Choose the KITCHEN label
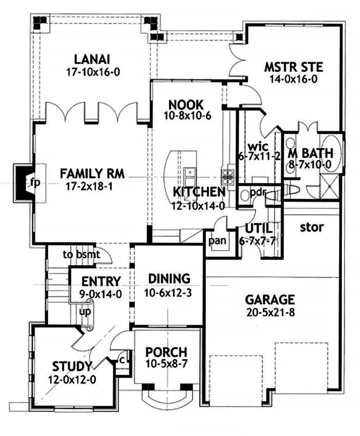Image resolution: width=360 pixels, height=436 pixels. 199,192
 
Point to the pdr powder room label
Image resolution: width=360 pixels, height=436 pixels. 257,192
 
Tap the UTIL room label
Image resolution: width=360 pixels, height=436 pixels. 258,228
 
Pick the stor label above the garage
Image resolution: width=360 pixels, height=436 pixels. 312,226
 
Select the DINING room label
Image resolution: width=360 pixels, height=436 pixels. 169,279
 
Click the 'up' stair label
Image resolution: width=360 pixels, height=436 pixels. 85,311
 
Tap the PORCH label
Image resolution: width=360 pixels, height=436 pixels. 166,353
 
